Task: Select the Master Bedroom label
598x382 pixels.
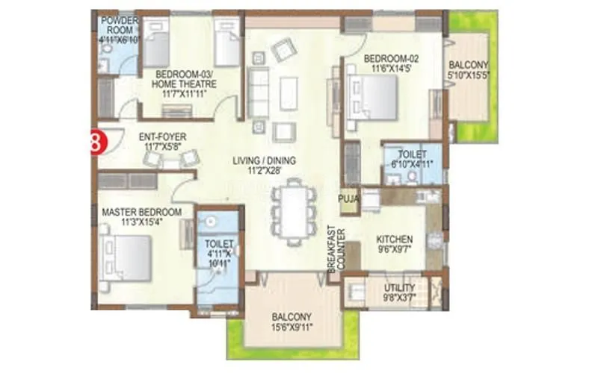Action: (141, 212)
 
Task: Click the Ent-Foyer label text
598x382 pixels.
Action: (162, 137)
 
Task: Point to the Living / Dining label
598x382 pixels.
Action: (264, 160)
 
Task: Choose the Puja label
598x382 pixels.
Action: (349, 198)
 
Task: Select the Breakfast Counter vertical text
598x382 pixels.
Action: (333, 249)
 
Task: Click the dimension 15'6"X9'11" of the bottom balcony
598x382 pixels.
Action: (292, 327)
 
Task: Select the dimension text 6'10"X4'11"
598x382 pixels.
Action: (407, 164)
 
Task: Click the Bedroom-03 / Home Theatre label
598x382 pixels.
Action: (184, 78)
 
